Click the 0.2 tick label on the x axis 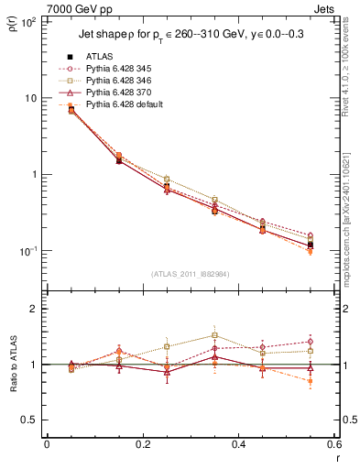click(142, 444)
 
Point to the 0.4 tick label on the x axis click(238, 444)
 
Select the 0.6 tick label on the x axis click(333, 444)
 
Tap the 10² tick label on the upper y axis click(27, 21)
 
